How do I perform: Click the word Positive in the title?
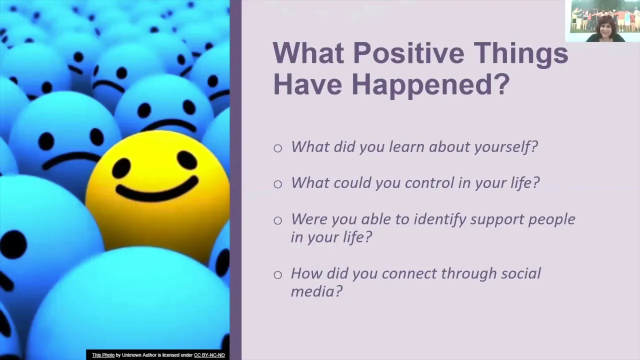coord(408,53)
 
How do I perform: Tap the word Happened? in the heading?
coord(430,85)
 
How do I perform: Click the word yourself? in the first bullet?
coord(505,147)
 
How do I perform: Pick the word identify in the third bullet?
coord(439,219)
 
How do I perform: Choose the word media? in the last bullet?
coord(316,291)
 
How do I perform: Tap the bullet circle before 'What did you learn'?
coord(277,148)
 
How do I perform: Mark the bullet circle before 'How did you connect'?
coord(277,275)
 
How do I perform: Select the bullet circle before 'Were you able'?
coord(277,220)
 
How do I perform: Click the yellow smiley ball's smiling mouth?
coord(157,190)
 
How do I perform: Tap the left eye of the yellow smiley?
coord(121,167)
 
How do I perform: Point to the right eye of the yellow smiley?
coord(187,160)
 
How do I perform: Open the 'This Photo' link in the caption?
coord(103,355)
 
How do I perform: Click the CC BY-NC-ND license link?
coord(209,355)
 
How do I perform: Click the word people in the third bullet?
coord(551,219)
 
